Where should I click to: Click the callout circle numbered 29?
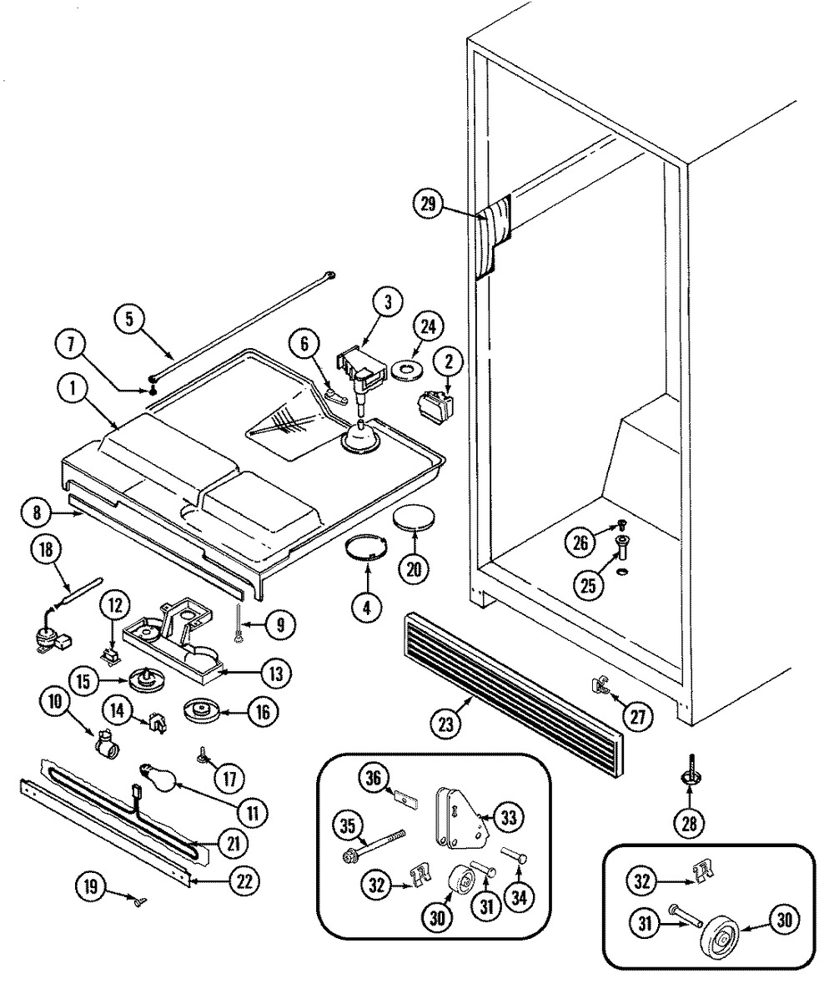(429, 204)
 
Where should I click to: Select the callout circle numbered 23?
(446, 724)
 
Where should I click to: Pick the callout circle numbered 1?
(73, 390)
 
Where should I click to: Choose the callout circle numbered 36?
(374, 779)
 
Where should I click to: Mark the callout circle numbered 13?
(276, 673)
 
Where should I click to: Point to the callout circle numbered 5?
(130, 319)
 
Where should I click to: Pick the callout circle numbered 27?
(638, 716)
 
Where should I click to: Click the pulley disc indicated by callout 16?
(201, 711)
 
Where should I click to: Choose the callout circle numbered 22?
(244, 881)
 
